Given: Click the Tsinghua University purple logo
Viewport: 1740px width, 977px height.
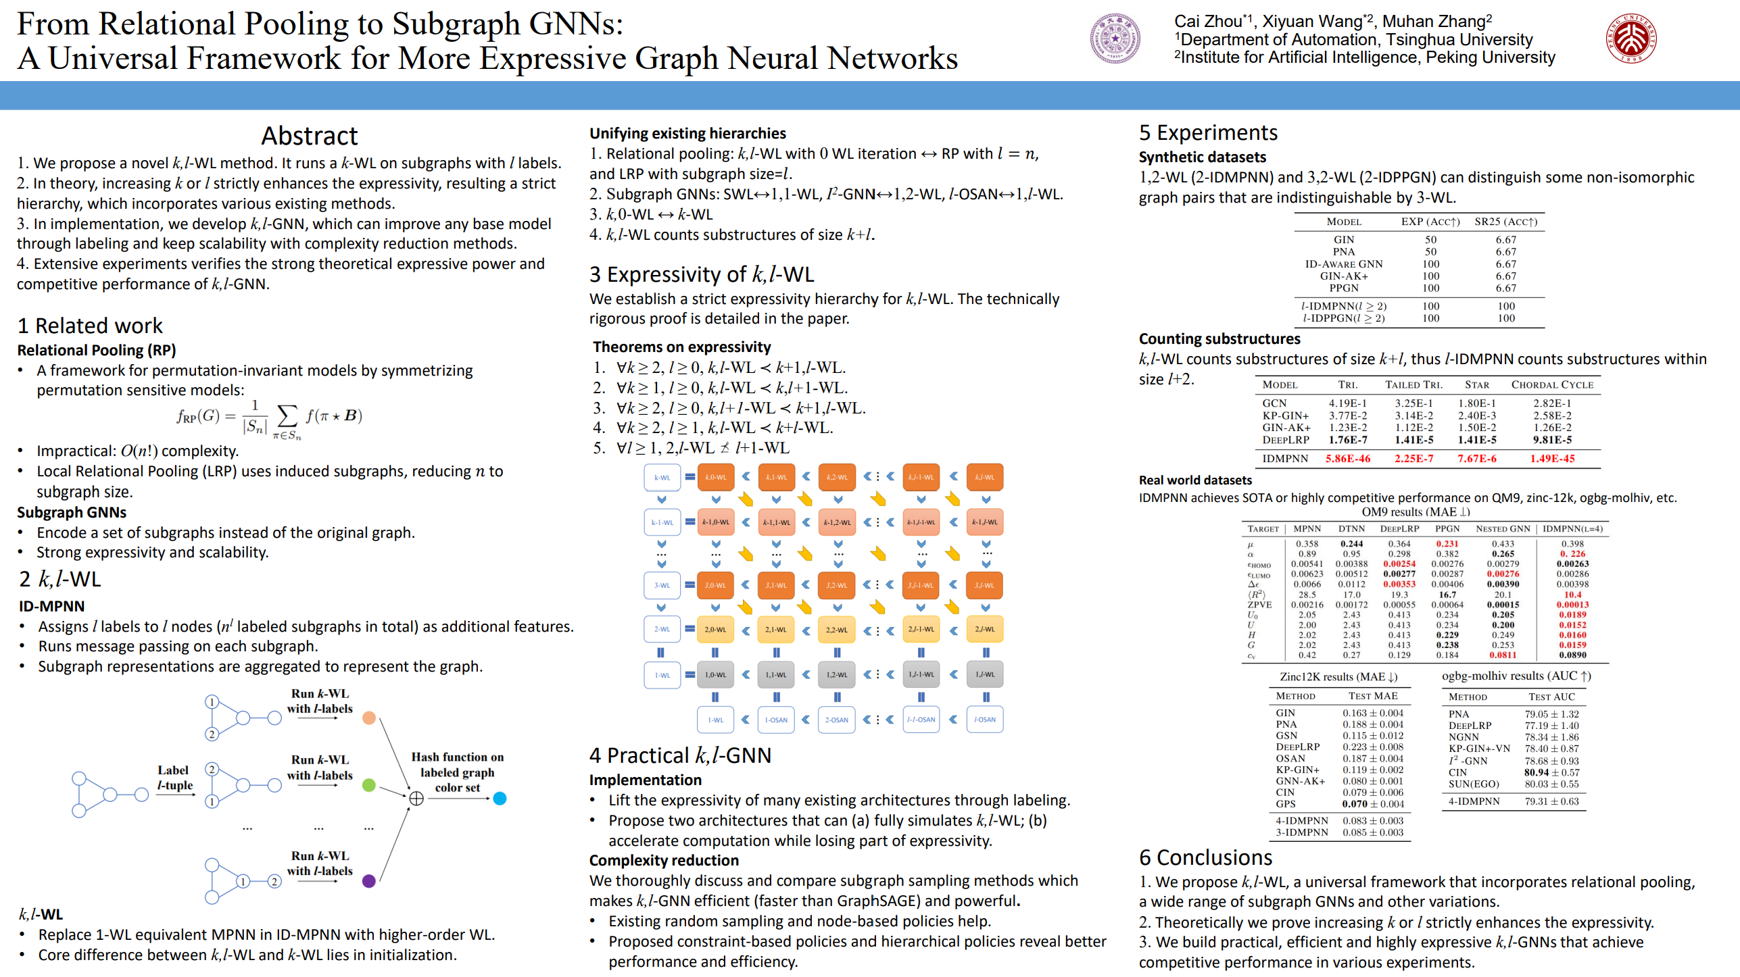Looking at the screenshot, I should click(x=1114, y=39).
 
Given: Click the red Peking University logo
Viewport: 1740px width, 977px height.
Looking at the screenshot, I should click(x=1630, y=39).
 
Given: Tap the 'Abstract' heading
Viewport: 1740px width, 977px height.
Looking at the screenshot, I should click(x=309, y=136).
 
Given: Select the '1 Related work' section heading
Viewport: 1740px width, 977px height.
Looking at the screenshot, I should click(x=90, y=326).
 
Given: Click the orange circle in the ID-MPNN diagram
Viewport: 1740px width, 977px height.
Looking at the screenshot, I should click(x=369, y=718).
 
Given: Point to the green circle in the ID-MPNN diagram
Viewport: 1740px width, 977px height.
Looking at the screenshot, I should click(x=369, y=785).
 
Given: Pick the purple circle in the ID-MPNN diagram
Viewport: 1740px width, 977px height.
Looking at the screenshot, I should click(x=369, y=881).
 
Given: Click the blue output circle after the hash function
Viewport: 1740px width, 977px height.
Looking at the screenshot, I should click(x=500, y=799).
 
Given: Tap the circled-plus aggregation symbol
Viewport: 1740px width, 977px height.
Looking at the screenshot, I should click(x=416, y=799).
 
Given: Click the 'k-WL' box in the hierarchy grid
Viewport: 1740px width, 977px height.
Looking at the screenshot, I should click(x=662, y=477).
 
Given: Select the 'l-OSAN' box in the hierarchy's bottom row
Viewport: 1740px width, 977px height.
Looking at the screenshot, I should click(x=985, y=720).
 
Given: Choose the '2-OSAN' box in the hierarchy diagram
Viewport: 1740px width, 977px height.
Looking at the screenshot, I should click(x=836, y=720).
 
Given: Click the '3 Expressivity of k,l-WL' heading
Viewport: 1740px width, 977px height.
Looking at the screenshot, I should click(x=701, y=274).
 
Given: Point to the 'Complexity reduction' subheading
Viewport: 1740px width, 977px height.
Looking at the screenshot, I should click(x=664, y=860).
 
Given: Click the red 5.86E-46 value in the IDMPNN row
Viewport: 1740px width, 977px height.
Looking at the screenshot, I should click(x=1347, y=459).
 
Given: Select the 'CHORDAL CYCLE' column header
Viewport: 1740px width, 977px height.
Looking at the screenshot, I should click(x=1552, y=385).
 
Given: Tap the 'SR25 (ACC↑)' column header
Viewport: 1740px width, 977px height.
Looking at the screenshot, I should click(x=1505, y=222).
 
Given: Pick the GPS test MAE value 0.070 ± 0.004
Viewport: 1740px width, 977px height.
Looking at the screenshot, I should click(x=1372, y=804).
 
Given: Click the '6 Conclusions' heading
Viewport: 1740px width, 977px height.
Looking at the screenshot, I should click(x=1205, y=857).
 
